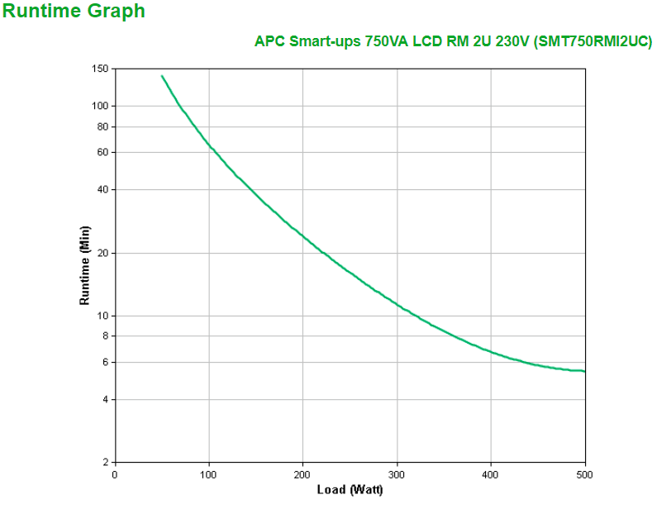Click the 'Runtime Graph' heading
[74, 12]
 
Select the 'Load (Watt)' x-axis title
[350, 490]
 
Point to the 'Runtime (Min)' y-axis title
[84, 264]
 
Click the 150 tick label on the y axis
[101, 69]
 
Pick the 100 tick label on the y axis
[101, 106]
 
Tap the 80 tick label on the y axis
[103, 126]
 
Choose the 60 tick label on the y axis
[103, 152]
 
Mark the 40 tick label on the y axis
[103, 189]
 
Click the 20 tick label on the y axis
[103, 253]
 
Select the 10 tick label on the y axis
[103, 316]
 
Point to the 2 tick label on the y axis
[106, 462]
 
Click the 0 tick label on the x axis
[115, 474]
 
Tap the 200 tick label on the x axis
[302, 474]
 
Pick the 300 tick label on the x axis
[397, 474]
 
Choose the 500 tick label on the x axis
[584, 474]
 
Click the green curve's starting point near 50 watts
[162, 76]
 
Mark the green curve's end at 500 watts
[584, 371]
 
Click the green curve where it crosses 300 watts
[397, 304]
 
